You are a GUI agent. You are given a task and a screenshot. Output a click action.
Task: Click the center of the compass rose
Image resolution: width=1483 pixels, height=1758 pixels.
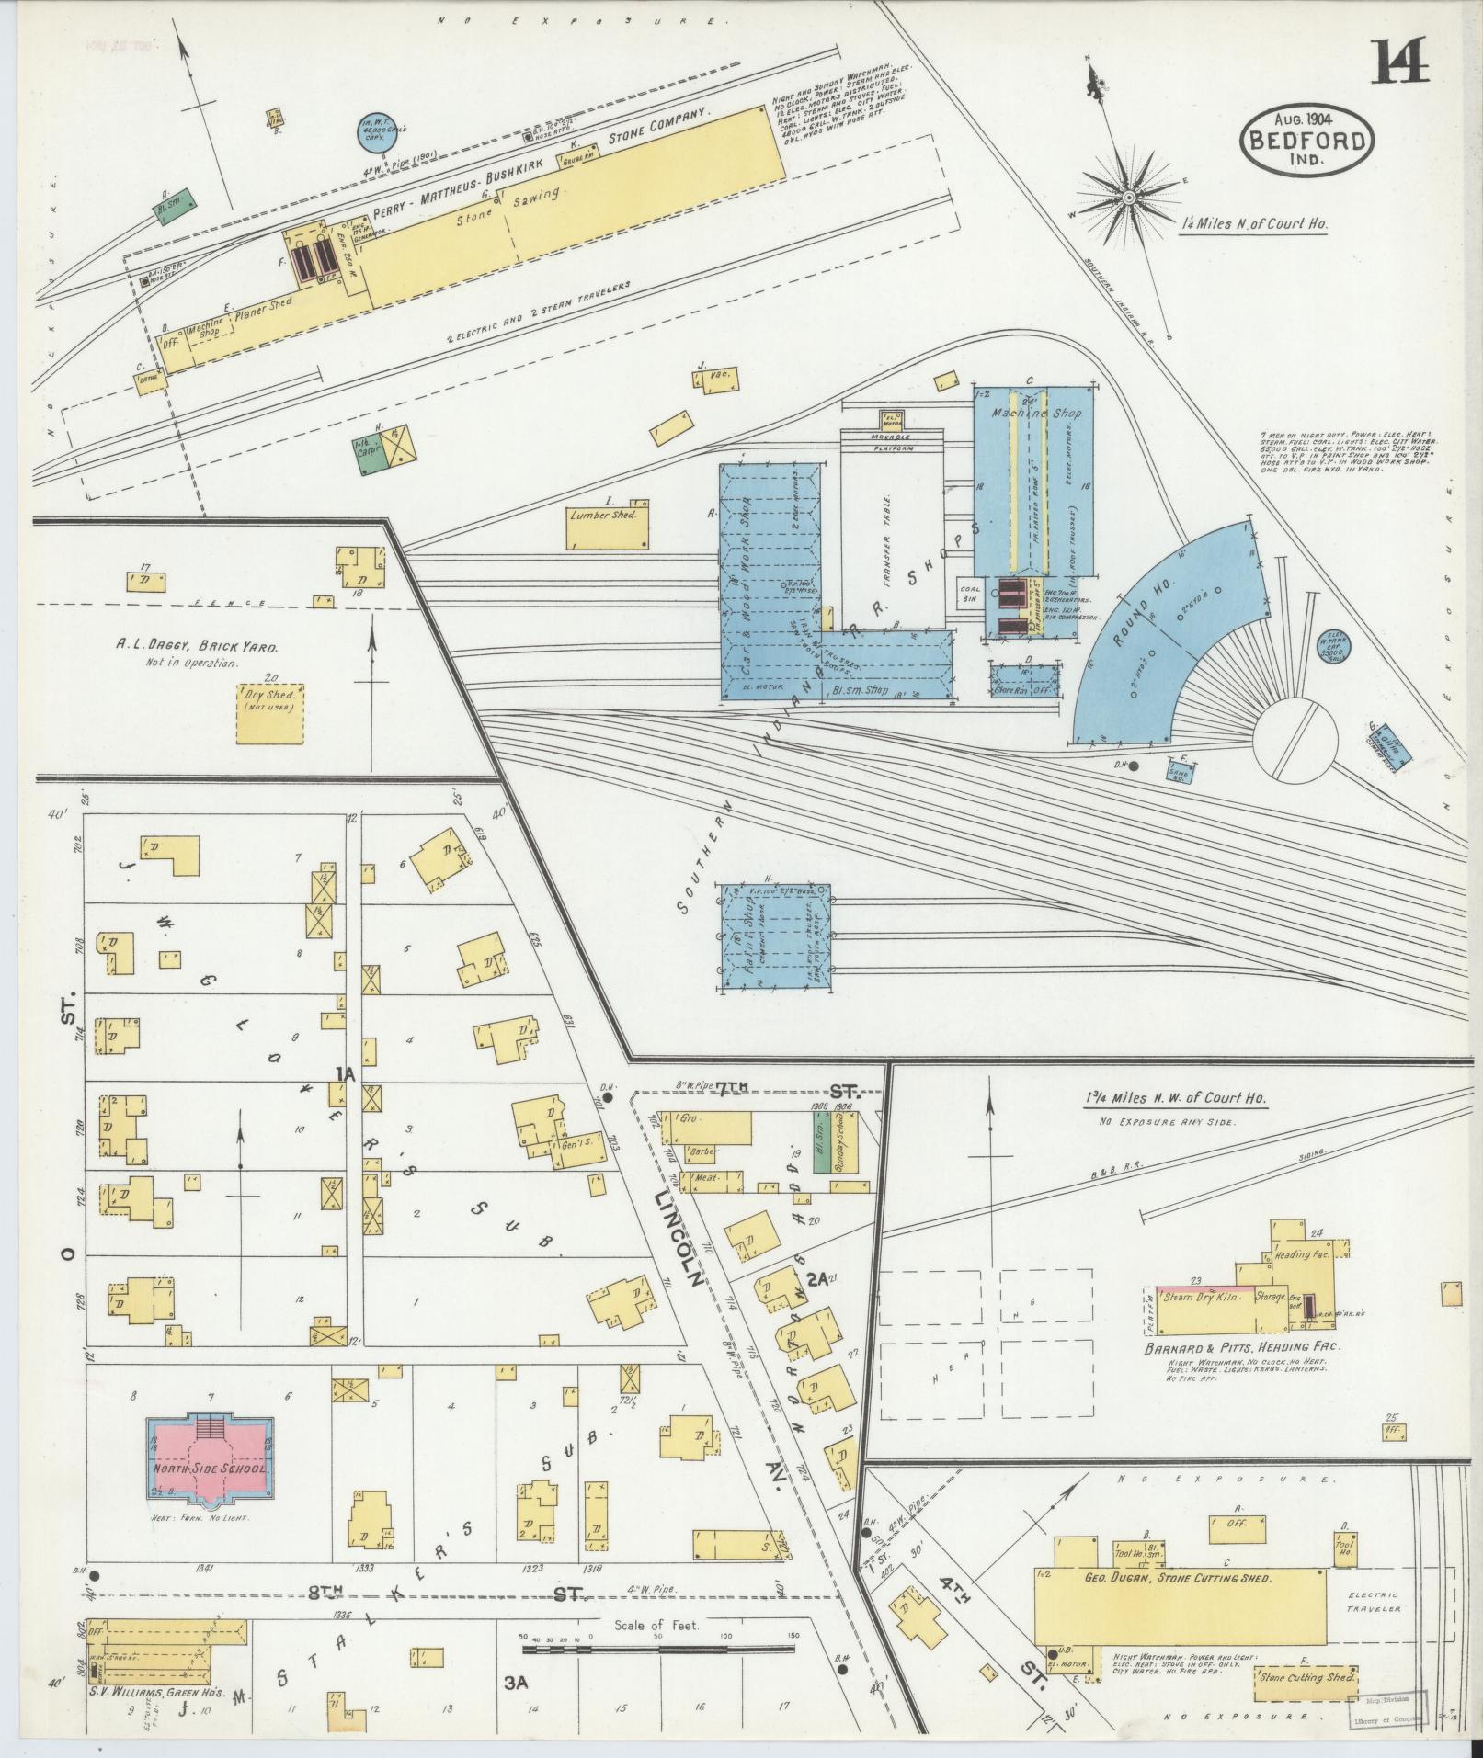pos(1128,197)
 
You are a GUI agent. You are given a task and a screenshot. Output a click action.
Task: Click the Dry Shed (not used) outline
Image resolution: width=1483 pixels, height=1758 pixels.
pos(270,712)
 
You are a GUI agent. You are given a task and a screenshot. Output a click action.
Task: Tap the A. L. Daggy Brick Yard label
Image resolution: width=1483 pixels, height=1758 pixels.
pos(197,646)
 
